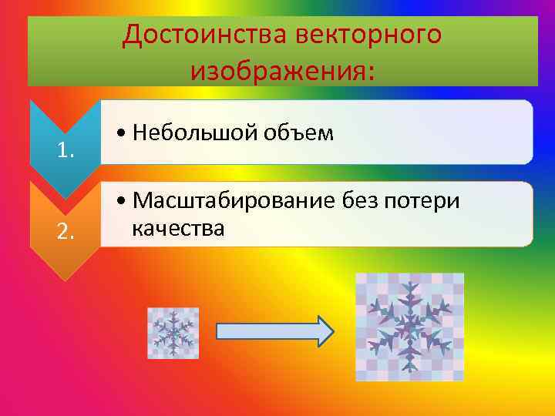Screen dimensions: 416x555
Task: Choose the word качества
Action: tap(178, 228)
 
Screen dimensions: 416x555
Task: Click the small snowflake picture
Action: tap(173, 333)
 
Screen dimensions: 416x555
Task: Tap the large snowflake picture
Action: tap(409, 327)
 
